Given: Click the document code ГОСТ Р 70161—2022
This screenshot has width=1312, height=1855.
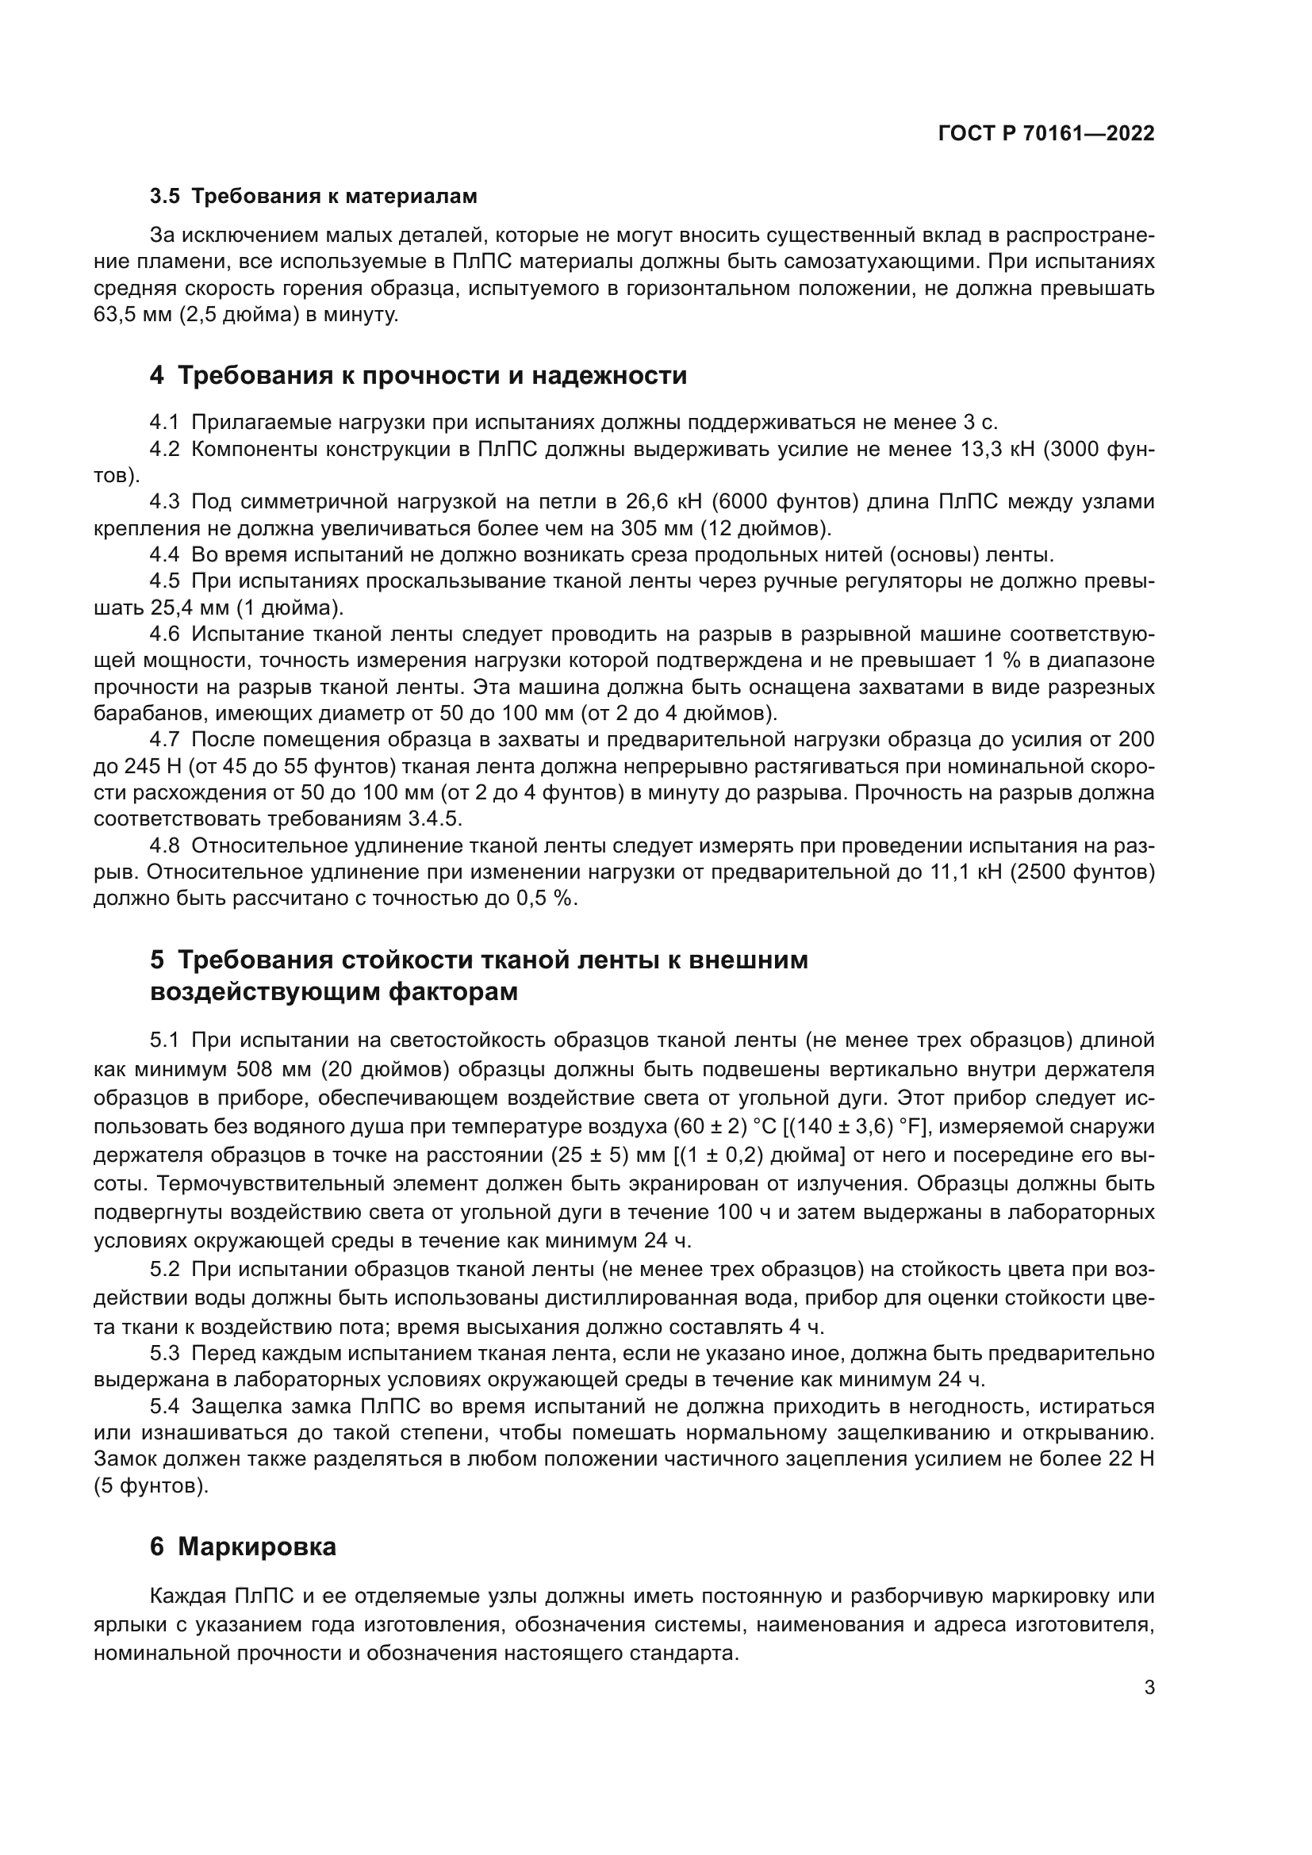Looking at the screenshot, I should (x=1046, y=134).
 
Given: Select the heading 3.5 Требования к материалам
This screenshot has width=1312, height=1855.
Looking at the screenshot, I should (x=313, y=197).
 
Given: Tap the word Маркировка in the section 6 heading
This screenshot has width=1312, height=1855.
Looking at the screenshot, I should (x=257, y=1546).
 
